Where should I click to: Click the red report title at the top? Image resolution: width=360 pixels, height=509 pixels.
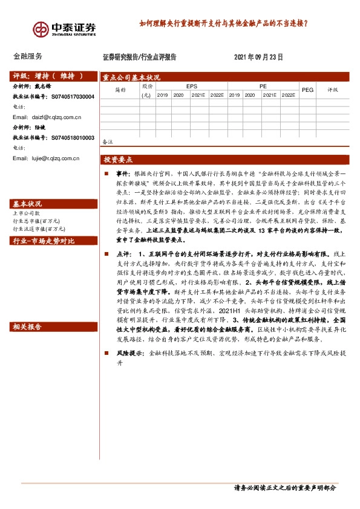click(x=223, y=25)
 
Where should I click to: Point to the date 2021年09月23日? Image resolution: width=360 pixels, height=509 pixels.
click(x=258, y=57)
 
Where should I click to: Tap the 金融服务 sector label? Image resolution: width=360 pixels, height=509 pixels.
click(x=28, y=56)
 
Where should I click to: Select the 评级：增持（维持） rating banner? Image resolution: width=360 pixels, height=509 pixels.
click(x=47, y=76)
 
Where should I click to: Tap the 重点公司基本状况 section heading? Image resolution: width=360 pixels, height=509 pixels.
click(x=131, y=77)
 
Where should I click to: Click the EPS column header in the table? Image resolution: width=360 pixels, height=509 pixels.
click(x=191, y=86)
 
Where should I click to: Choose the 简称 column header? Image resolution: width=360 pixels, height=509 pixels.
click(x=120, y=89)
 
